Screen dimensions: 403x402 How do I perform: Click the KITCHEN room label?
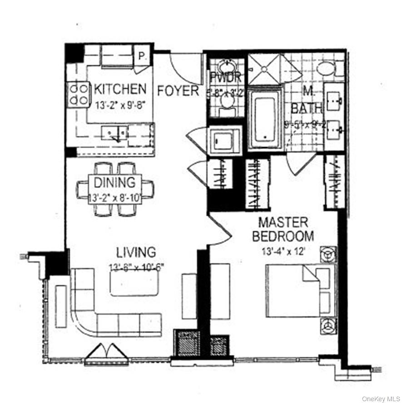[x=120, y=89]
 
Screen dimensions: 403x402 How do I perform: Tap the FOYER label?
[x=178, y=91]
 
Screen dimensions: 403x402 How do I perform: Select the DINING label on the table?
[x=114, y=183]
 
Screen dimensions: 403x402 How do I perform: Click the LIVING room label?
[x=136, y=252]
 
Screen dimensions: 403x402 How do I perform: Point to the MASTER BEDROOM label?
[x=283, y=229]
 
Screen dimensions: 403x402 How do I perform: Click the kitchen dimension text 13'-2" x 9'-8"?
[x=120, y=104]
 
